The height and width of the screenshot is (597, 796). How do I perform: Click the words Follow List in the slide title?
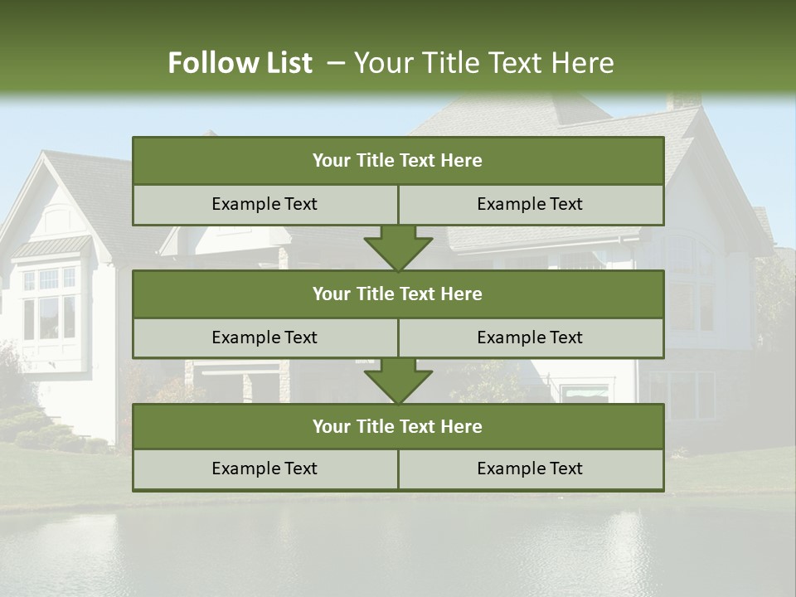point(240,63)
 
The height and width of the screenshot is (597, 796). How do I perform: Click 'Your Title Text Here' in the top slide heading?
point(483,63)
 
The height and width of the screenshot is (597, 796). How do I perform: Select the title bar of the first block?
point(398,161)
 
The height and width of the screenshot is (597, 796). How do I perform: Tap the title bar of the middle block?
point(398,294)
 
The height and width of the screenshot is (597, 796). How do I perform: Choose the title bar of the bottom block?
point(398,426)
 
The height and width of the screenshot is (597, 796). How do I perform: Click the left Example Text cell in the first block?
point(265,204)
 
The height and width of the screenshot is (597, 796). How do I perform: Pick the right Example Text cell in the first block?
point(530,204)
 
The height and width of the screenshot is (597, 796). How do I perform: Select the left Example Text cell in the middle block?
point(265,337)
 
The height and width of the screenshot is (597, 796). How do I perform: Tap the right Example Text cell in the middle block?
point(530,337)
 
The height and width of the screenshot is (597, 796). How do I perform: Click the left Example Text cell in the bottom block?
point(265,468)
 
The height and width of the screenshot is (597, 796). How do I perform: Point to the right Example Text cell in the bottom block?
point(530,468)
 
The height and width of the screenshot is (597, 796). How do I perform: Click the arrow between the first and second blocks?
point(398,248)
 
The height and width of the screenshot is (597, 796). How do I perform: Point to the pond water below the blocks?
point(398,547)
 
